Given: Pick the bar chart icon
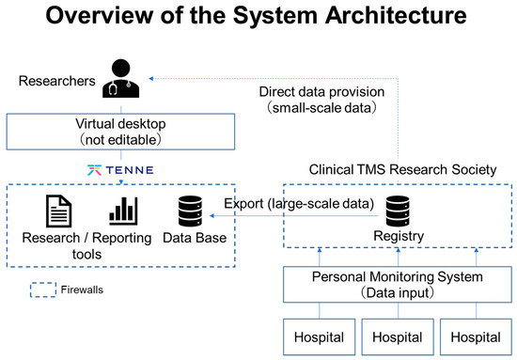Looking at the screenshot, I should click(123, 208).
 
